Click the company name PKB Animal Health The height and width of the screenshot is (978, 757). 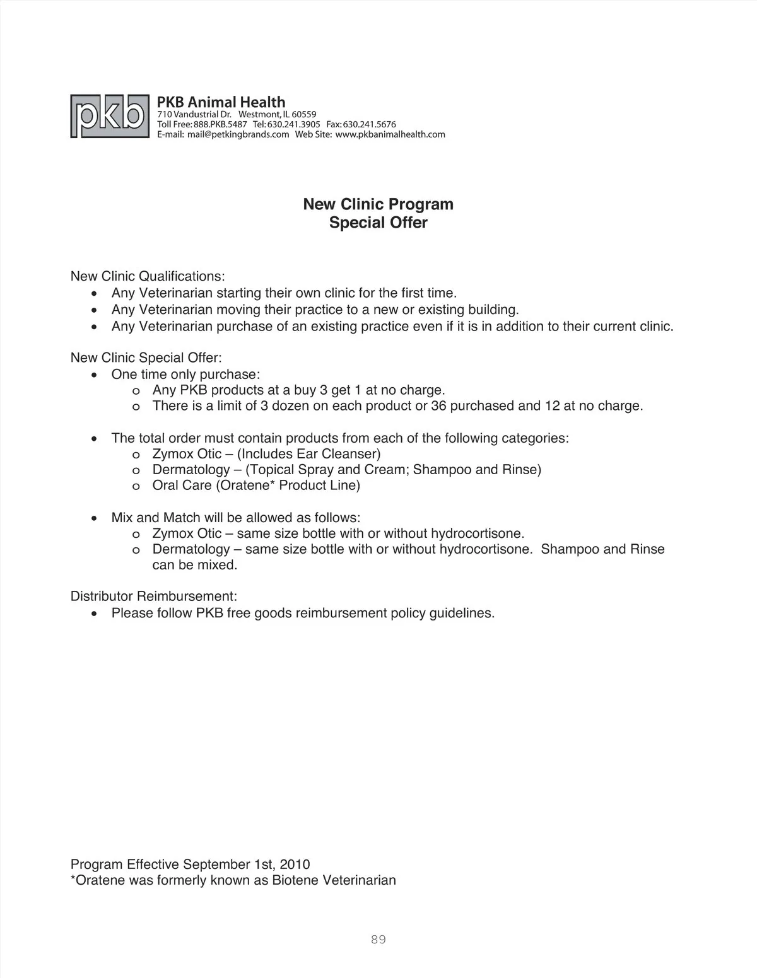[221, 102]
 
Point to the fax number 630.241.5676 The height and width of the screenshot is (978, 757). [369, 124]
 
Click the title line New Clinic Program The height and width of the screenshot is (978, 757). [378, 204]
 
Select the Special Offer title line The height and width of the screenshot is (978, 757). [378, 223]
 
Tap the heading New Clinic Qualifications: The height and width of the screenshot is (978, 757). [148, 276]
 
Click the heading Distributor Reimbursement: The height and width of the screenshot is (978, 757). [154, 596]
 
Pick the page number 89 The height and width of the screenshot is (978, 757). [378, 940]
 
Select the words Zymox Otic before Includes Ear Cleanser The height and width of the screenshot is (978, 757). [187, 454]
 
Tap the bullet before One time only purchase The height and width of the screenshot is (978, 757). [94, 375]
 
